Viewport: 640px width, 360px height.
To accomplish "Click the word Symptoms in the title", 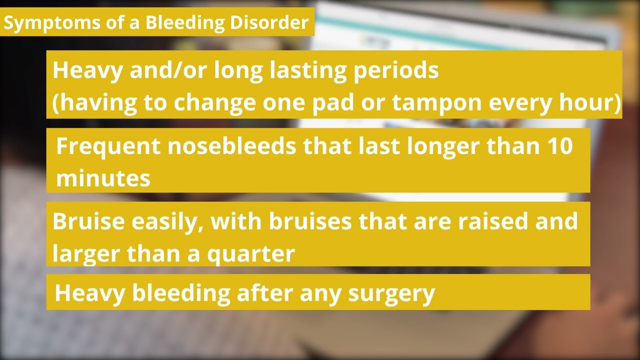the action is pyautogui.click(x=52, y=23).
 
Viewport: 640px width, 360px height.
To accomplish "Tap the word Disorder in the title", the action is pyautogui.click(x=269, y=22).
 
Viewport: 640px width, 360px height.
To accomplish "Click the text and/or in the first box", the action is pyautogui.click(x=168, y=70).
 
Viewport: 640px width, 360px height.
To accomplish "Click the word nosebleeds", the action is pyautogui.click(x=232, y=145).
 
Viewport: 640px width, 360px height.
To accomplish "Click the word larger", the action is pyautogui.click(x=86, y=254).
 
